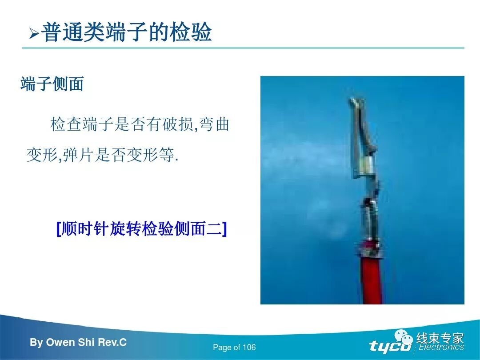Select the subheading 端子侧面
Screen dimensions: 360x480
click(x=52, y=84)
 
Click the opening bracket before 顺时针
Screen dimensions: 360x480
click(x=58, y=229)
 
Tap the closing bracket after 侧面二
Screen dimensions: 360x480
click(x=224, y=229)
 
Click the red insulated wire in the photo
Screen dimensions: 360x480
click(x=368, y=280)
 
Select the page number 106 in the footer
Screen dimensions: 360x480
click(x=250, y=348)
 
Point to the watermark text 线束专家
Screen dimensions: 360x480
click(x=440, y=338)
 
